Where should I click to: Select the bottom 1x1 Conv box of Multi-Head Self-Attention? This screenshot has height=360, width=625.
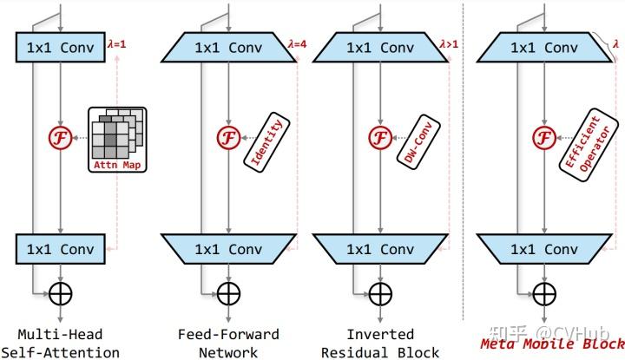[x=60, y=250]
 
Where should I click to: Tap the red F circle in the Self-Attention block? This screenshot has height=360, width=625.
[x=60, y=138]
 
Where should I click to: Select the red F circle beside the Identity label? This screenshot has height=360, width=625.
[x=227, y=138]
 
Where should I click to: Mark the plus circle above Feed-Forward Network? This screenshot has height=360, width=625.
[x=227, y=294]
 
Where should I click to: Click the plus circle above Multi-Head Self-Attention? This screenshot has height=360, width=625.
[x=60, y=294]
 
